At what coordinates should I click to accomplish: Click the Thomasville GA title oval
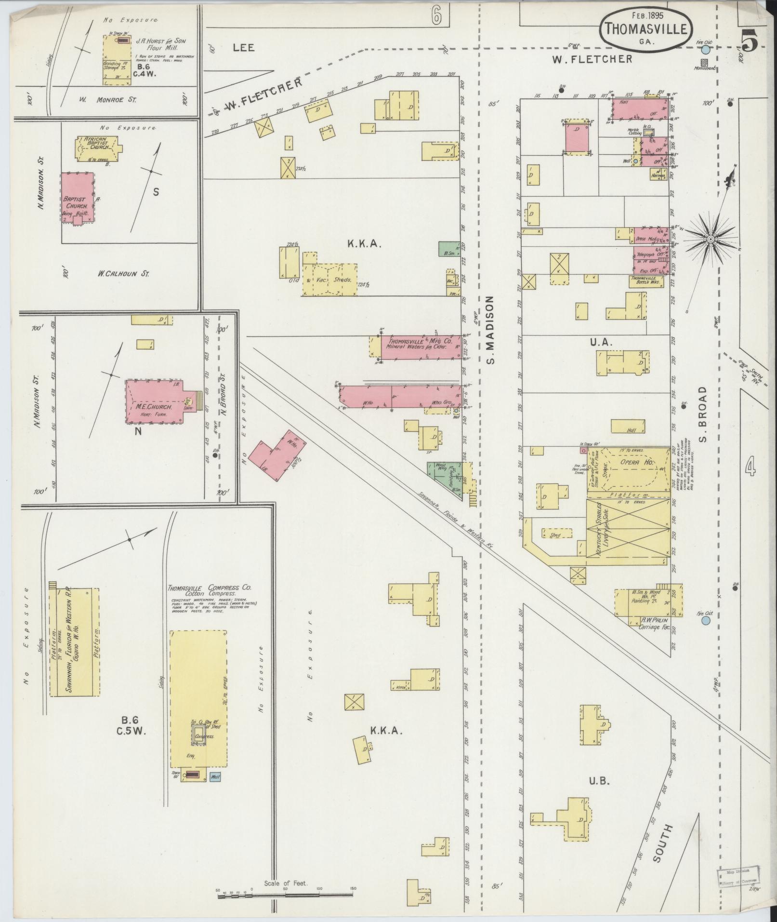[x=646, y=30]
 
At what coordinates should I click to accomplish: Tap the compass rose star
[x=711, y=240]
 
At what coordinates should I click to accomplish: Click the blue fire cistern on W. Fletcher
[x=706, y=50]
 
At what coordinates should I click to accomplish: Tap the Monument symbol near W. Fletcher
[x=705, y=62]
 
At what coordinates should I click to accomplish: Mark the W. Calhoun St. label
[x=123, y=274]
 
